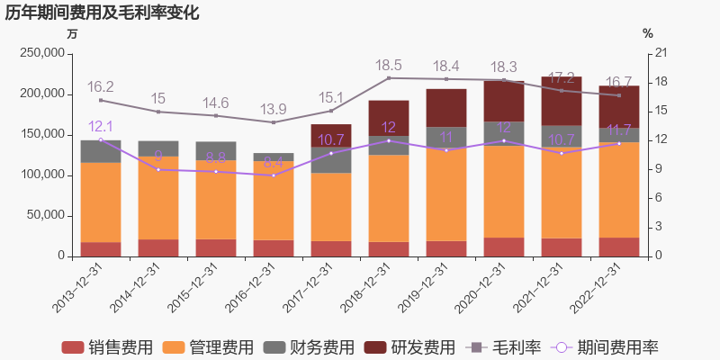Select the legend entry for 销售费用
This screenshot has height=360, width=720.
[x=106, y=347]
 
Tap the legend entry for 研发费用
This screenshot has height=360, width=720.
[x=409, y=347]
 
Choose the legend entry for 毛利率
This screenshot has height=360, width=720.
[x=505, y=347]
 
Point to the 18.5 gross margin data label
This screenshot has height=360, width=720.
[x=389, y=66]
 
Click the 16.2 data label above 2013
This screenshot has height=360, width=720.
[x=100, y=87]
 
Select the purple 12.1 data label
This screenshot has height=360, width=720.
[x=100, y=127]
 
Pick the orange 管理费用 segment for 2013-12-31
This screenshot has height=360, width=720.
[x=101, y=202]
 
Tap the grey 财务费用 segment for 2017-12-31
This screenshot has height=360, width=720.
[x=331, y=159]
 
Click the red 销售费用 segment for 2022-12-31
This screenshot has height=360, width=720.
[x=619, y=247]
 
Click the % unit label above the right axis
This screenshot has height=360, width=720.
[x=647, y=33]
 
